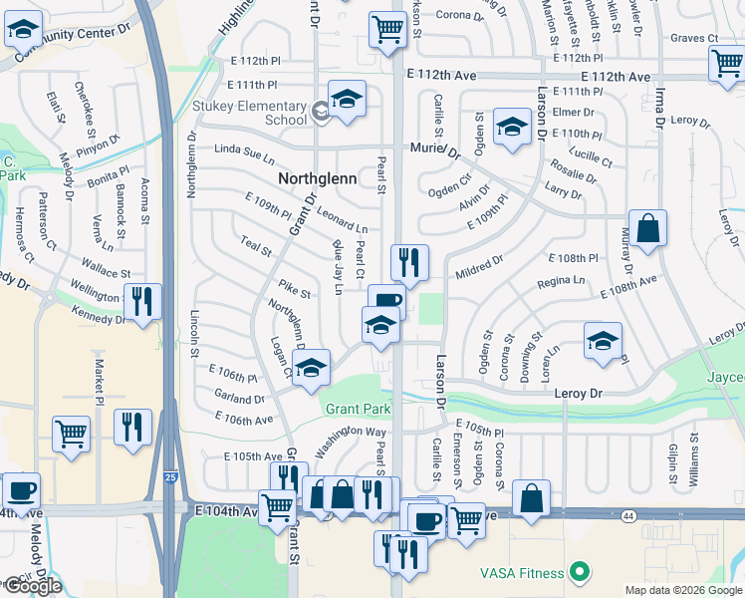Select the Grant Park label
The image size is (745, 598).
(359, 410)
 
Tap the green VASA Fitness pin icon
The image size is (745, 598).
(577, 572)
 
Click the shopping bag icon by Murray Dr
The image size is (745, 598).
(647, 228)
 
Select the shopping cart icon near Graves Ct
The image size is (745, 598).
(728, 64)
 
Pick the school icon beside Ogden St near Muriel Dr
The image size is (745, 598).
(512, 127)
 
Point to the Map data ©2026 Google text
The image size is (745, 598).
(683, 590)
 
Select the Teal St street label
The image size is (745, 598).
(256, 245)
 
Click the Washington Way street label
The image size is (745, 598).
(352, 438)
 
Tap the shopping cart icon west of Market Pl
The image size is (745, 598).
(71, 434)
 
